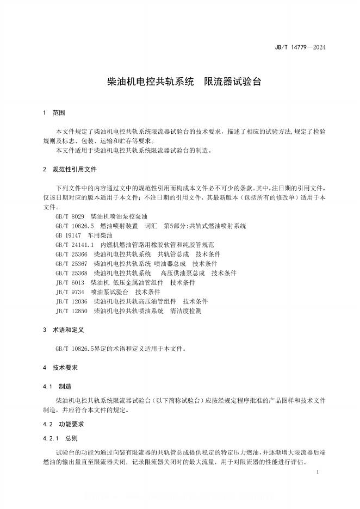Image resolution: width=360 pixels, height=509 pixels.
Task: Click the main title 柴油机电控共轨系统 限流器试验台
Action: coord(185,83)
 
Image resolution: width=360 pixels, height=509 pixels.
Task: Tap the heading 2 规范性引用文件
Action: coord(70,170)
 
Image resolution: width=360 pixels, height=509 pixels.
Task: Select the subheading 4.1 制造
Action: coord(57,386)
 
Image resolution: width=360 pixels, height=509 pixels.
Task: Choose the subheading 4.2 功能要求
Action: coord(63,424)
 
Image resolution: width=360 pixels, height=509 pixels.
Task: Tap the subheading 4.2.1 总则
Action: coord(60,437)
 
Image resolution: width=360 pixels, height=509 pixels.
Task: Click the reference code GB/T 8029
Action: coord(70,216)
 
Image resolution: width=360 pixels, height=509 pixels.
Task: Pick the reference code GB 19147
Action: coord(68,235)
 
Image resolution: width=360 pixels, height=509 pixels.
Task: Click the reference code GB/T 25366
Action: coord(71,254)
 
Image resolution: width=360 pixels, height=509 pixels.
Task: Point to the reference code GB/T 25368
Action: coord(71,273)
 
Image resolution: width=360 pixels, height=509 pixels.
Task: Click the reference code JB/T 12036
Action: coord(71,301)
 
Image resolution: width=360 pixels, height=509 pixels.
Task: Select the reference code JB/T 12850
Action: coord(71,311)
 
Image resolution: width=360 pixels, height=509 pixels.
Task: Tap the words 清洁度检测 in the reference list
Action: coord(185,311)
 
